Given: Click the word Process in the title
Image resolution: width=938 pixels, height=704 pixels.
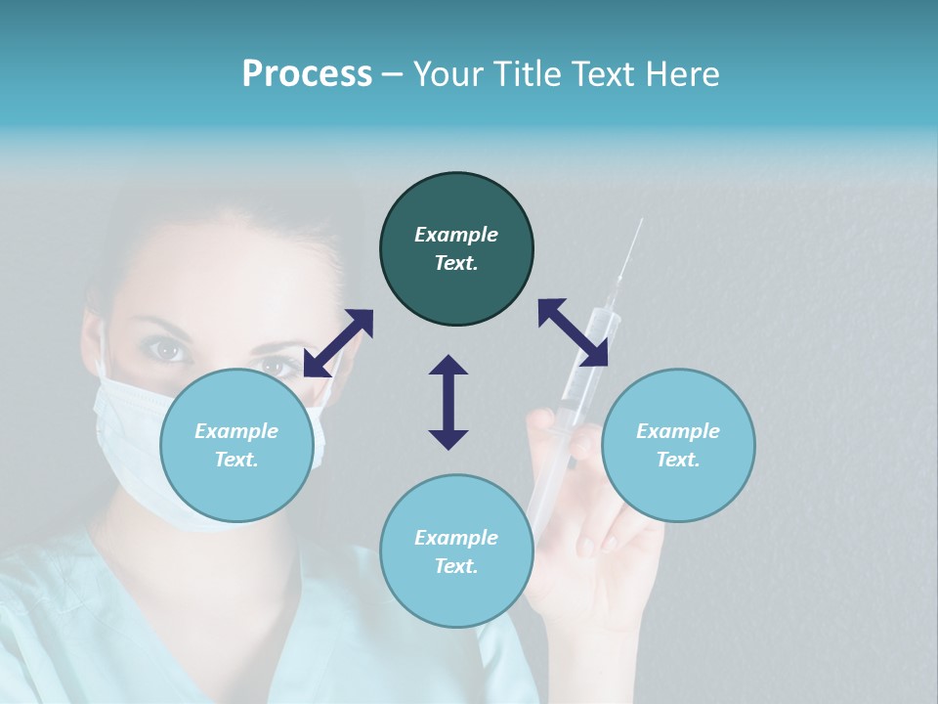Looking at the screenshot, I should (307, 74).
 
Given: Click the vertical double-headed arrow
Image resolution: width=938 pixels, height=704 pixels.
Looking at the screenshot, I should (448, 402).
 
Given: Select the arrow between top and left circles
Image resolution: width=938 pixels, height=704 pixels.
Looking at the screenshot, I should (338, 343).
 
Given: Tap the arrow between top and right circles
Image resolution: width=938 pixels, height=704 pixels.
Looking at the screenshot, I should (574, 332).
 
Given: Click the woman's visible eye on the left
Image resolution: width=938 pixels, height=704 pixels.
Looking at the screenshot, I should (169, 348).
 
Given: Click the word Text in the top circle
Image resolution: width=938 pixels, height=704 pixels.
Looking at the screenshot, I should (456, 263).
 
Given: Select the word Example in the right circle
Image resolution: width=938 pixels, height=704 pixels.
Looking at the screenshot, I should (678, 431).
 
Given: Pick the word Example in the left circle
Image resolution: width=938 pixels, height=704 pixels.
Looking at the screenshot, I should (236, 431).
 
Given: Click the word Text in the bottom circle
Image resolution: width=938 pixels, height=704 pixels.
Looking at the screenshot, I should (456, 566).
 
